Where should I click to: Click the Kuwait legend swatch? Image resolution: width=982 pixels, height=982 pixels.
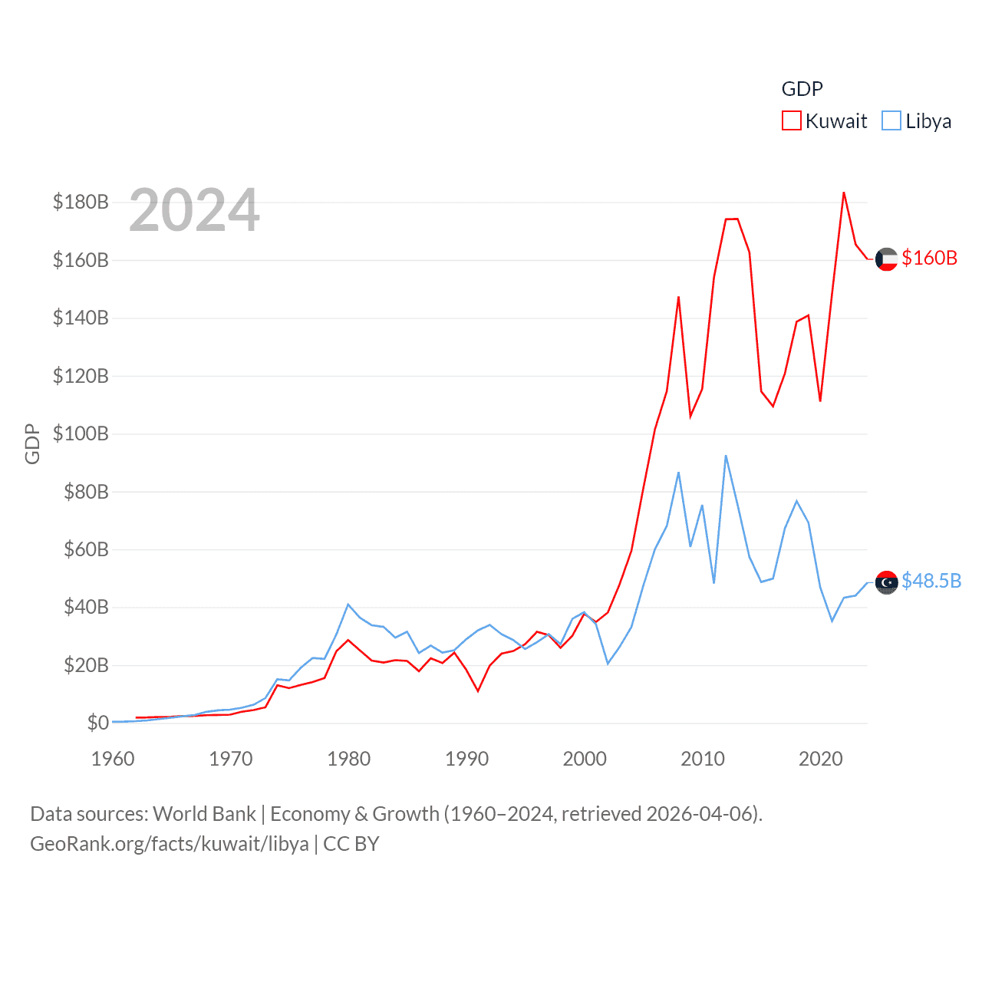[792, 121]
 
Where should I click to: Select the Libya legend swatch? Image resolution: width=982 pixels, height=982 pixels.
[891, 121]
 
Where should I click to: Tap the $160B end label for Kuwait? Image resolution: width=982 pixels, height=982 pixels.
[929, 258]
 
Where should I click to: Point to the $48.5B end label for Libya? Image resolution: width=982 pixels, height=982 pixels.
[931, 581]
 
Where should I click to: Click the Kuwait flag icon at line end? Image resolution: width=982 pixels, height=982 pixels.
[886, 259]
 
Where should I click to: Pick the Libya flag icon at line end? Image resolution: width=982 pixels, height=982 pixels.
[886, 582]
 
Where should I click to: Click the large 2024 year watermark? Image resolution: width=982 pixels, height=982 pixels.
[194, 210]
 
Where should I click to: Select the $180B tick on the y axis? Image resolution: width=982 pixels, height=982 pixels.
[81, 202]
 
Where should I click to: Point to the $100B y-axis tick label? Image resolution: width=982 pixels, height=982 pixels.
[81, 433]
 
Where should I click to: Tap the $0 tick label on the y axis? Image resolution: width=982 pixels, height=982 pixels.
[97, 723]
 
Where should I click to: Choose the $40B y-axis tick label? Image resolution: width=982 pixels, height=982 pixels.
[86, 607]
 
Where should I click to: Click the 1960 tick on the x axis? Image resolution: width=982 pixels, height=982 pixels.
[113, 759]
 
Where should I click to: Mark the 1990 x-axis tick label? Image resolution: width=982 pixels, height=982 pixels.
[466, 759]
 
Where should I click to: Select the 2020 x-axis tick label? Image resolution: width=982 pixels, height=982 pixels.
[820, 759]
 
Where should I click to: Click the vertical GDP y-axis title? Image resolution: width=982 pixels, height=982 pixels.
[32, 443]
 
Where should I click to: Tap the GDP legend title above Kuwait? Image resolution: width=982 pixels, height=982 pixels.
[802, 89]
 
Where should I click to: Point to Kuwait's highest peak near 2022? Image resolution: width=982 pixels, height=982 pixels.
[843, 193]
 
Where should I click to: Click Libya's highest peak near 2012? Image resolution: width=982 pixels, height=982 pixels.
[726, 456]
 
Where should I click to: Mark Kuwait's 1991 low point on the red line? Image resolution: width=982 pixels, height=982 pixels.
[478, 691]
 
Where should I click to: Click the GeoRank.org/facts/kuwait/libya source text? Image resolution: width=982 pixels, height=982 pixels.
[169, 844]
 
